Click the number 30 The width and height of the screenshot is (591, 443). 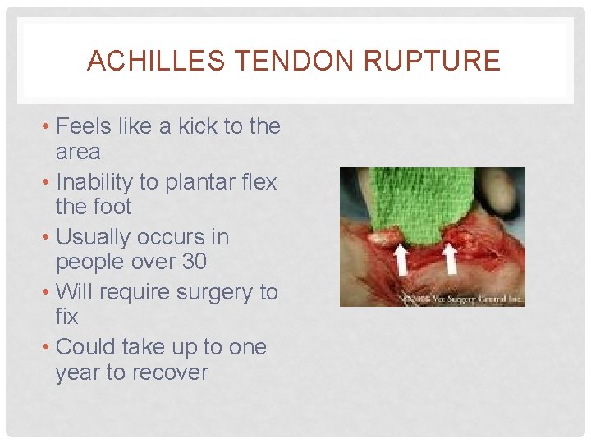click(x=194, y=262)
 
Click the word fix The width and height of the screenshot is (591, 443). click(x=66, y=317)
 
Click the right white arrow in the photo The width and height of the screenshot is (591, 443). click(x=450, y=260)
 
